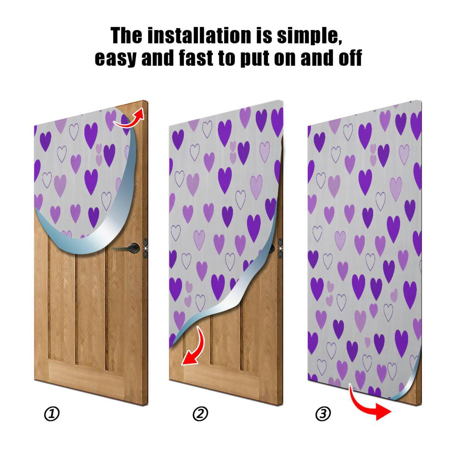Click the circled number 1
coord(52,414)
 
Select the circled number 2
coord(200,414)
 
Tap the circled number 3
coord(323,413)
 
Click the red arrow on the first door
coord(130,119)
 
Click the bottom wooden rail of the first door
coord(91,376)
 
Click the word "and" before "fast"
coord(158,58)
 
